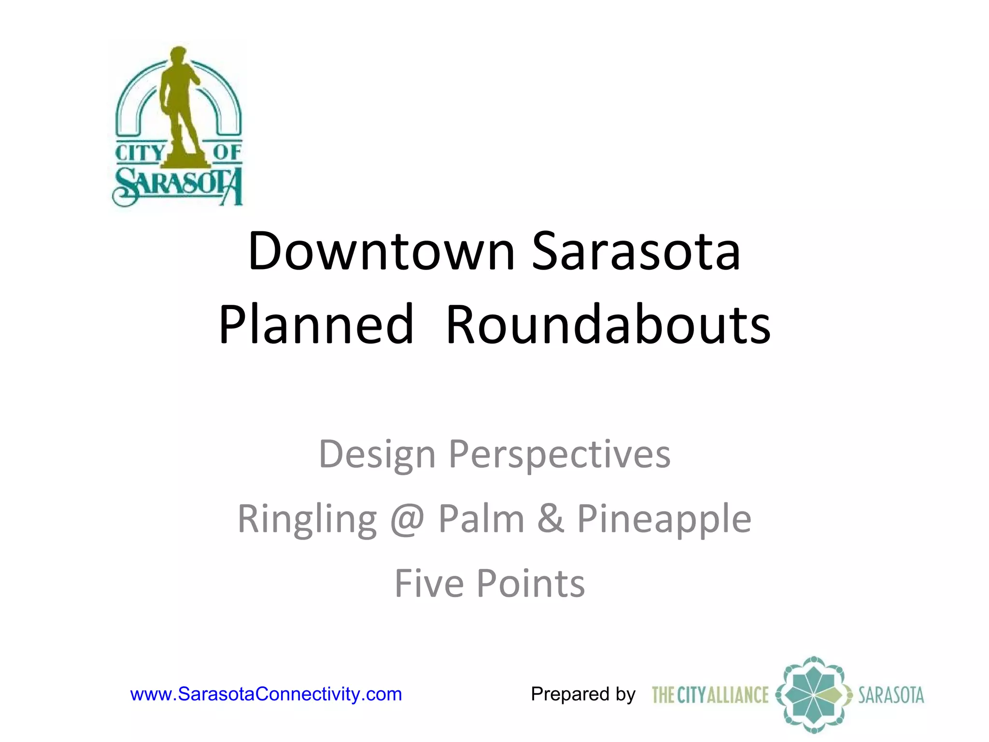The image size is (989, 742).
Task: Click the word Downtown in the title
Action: [x=381, y=252]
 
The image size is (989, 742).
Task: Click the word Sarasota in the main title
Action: [x=636, y=252]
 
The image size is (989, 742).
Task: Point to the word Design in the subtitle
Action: [x=377, y=455]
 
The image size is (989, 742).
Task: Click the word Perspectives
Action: [x=559, y=455]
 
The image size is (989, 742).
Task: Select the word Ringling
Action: [x=307, y=519]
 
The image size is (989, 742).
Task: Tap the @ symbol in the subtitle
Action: [x=407, y=519]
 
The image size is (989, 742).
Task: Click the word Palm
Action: [x=481, y=519]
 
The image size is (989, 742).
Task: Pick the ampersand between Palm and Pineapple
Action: [x=551, y=519]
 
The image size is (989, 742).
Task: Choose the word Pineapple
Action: [x=664, y=519]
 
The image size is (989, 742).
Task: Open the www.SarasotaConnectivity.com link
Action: [x=266, y=694]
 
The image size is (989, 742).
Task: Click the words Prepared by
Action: [x=583, y=694]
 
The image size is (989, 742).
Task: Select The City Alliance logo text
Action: [x=710, y=695]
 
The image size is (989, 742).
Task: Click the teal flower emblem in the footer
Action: [x=814, y=695]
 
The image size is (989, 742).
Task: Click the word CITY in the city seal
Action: [x=140, y=153]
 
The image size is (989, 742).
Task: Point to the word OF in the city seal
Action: [x=227, y=152]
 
